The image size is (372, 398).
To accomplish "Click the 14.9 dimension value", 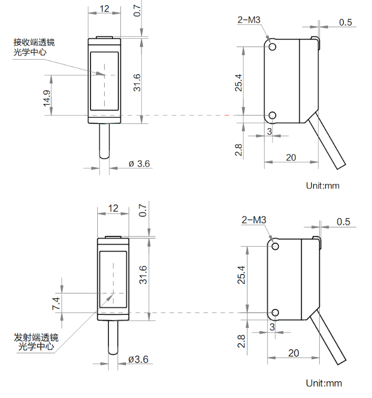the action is (47, 98).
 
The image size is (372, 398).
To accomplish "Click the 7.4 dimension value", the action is (56, 303).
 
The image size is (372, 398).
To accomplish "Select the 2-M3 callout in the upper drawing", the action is (249, 20).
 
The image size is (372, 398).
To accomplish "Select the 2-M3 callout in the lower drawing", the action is (254, 220).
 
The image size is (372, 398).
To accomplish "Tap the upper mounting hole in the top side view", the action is (272, 47).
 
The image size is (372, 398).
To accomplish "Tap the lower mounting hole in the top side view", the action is (272, 115).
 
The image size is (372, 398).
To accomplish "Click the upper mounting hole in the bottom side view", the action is (275, 246).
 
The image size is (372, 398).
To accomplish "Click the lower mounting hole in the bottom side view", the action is (275, 312).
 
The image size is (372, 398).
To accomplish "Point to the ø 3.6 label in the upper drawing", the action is (139, 164).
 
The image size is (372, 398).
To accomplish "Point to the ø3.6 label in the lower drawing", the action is (139, 359).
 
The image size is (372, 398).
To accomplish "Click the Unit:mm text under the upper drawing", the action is (323, 186).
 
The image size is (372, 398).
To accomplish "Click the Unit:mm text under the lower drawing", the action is (324, 383).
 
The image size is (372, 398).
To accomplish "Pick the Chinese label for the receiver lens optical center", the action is (34, 47).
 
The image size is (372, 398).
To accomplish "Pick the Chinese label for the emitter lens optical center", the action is (36, 342).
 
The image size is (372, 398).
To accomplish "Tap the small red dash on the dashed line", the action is (227, 115).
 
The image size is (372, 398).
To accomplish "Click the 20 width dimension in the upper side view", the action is (291, 157).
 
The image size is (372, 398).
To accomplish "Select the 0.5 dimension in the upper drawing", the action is (346, 22).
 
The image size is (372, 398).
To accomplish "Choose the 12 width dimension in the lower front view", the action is (113, 208).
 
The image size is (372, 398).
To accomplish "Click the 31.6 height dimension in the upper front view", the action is (137, 83).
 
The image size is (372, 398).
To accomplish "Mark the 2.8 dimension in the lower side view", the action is (241, 341).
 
